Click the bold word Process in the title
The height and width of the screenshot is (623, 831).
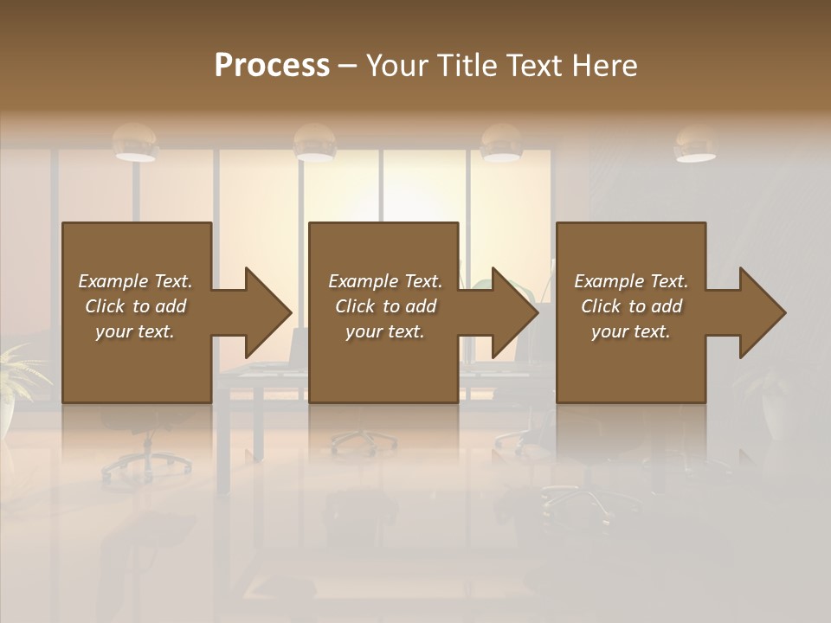pyautogui.click(x=272, y=66)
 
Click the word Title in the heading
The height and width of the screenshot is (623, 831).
pyautogui.click(x=467, y=66)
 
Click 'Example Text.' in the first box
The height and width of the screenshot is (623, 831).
pyautogui.click(x=135, y=281)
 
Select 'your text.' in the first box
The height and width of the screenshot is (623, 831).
pyautogui.click(x=135, y=331)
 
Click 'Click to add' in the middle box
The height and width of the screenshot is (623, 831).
pyautogui.click(x=385, y=306)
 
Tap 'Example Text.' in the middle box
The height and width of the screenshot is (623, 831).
pyautogui.click(x=385, y=281)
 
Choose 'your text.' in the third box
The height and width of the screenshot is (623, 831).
pyautogui.click(x=631, y=331)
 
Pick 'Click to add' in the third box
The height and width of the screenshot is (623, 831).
pyautogui.click(x=631, y=306)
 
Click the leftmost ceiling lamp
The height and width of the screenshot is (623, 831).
pyautogui.click(x=135, y=144)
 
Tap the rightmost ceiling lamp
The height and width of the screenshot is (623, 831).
pyautogui.click(x=695, y=145)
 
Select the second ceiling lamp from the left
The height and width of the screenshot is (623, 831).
pyautogui.click(x=314, y=144)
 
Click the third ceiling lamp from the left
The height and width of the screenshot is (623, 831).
pyautogui.click(x=501, y=144)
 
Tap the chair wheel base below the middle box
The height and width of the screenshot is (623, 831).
pyautogui.click(x=364, y=441)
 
